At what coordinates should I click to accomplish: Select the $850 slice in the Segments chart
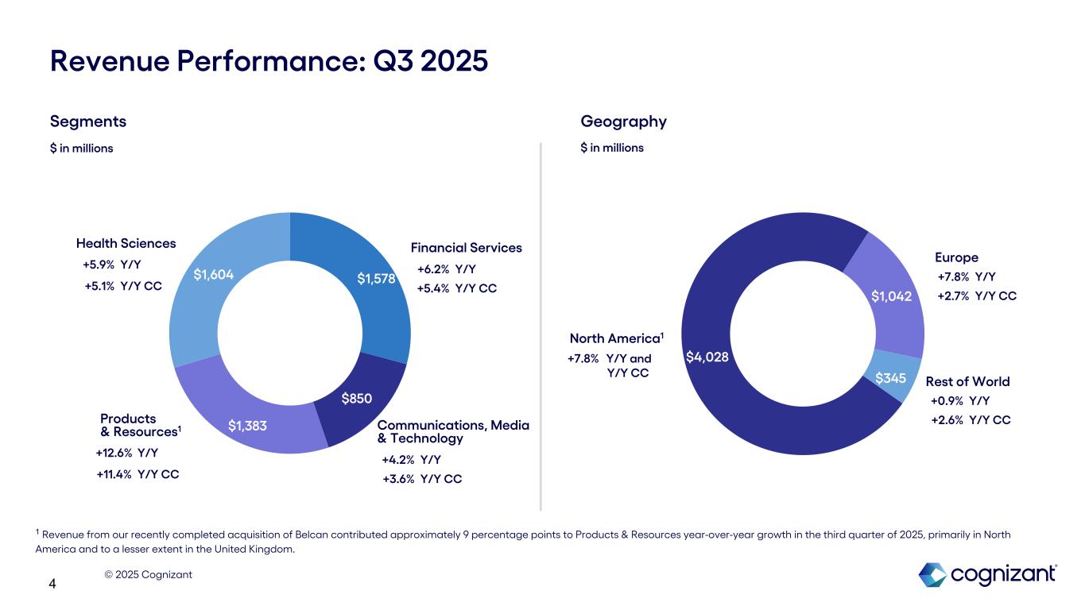point(357,398)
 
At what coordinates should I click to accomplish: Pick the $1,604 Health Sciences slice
point(213,275)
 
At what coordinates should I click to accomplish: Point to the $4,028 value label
point(707,357)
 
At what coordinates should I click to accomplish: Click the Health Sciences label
point(126,243)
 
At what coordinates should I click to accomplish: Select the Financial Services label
point(466,248)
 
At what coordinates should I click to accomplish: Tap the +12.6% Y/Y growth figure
point(126,453)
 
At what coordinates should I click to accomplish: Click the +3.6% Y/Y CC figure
point(421,479)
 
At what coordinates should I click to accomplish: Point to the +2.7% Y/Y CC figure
point(976,296)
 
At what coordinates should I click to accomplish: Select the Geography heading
point(623,122)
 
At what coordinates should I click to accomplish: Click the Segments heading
point(87,122)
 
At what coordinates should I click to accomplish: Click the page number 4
point(52,585)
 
